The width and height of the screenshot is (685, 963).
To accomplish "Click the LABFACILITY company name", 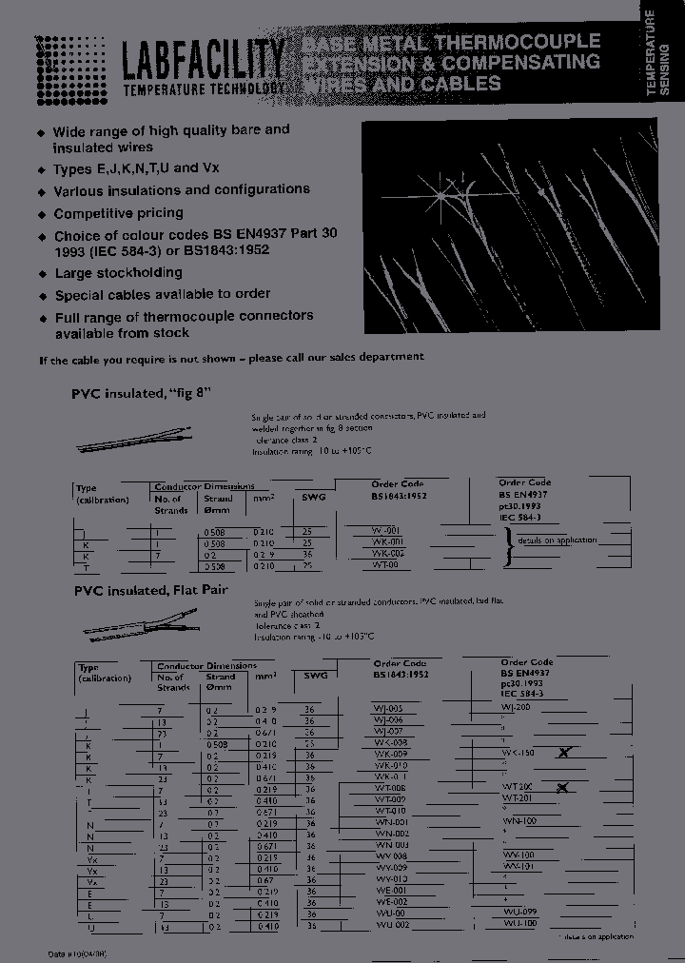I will coord(203,61).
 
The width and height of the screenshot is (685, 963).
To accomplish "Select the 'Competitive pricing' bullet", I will coord(118,214).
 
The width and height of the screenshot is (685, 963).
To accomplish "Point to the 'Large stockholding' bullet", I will coord(118,273).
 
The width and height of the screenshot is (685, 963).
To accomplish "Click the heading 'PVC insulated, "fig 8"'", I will coord(140,393).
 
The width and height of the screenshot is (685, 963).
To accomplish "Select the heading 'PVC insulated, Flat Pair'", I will coord(149,590).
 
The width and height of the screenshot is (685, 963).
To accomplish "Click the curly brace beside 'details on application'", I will coord(509,546).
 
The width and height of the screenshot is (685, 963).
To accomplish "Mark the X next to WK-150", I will coord(564,753).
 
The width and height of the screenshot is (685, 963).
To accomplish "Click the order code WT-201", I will coord(519,798).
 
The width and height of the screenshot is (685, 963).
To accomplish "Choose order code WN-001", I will coord(392,821).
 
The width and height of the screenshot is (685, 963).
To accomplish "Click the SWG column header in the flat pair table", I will coord(314,675).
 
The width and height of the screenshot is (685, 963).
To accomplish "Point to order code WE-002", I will coord(392,901).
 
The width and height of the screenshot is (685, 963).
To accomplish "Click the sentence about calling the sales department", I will coord(231,357).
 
